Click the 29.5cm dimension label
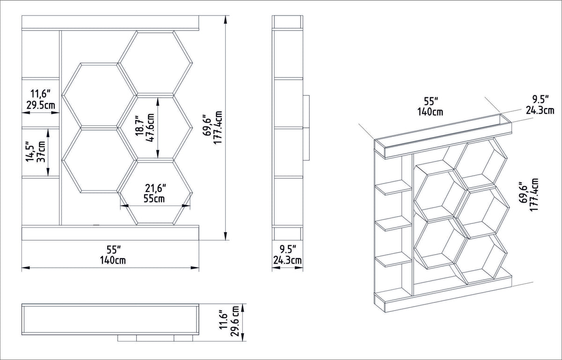click(x=41, y=105)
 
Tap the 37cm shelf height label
click(x=41, y=152)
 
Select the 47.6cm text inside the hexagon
click(x=150, y=128)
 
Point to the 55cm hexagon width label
click(x=154, y=198)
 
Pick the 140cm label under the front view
click(x=113, y=260)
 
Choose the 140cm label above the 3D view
click(x=430, y=112)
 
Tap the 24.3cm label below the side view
click(x=287, y=260)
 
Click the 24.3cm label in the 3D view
click(x=540, y=110)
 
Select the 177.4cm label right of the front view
click(x=218, y=127)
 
